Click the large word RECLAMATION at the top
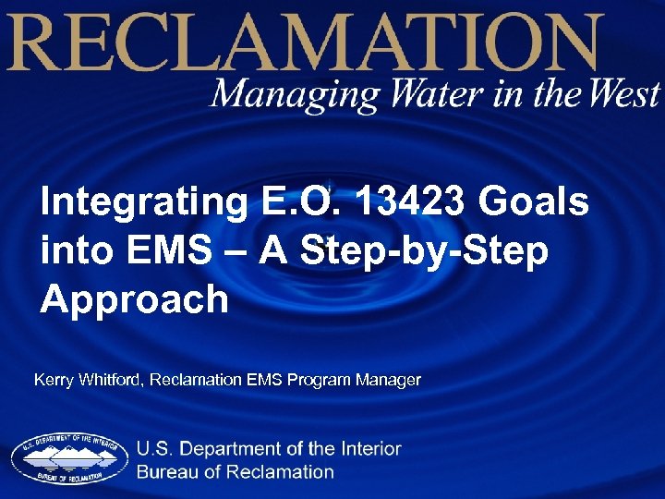[x=305, y=43]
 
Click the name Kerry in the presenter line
[x=53, y=380]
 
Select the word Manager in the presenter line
[x=393, y=380]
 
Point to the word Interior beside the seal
[x=369, y=449]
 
